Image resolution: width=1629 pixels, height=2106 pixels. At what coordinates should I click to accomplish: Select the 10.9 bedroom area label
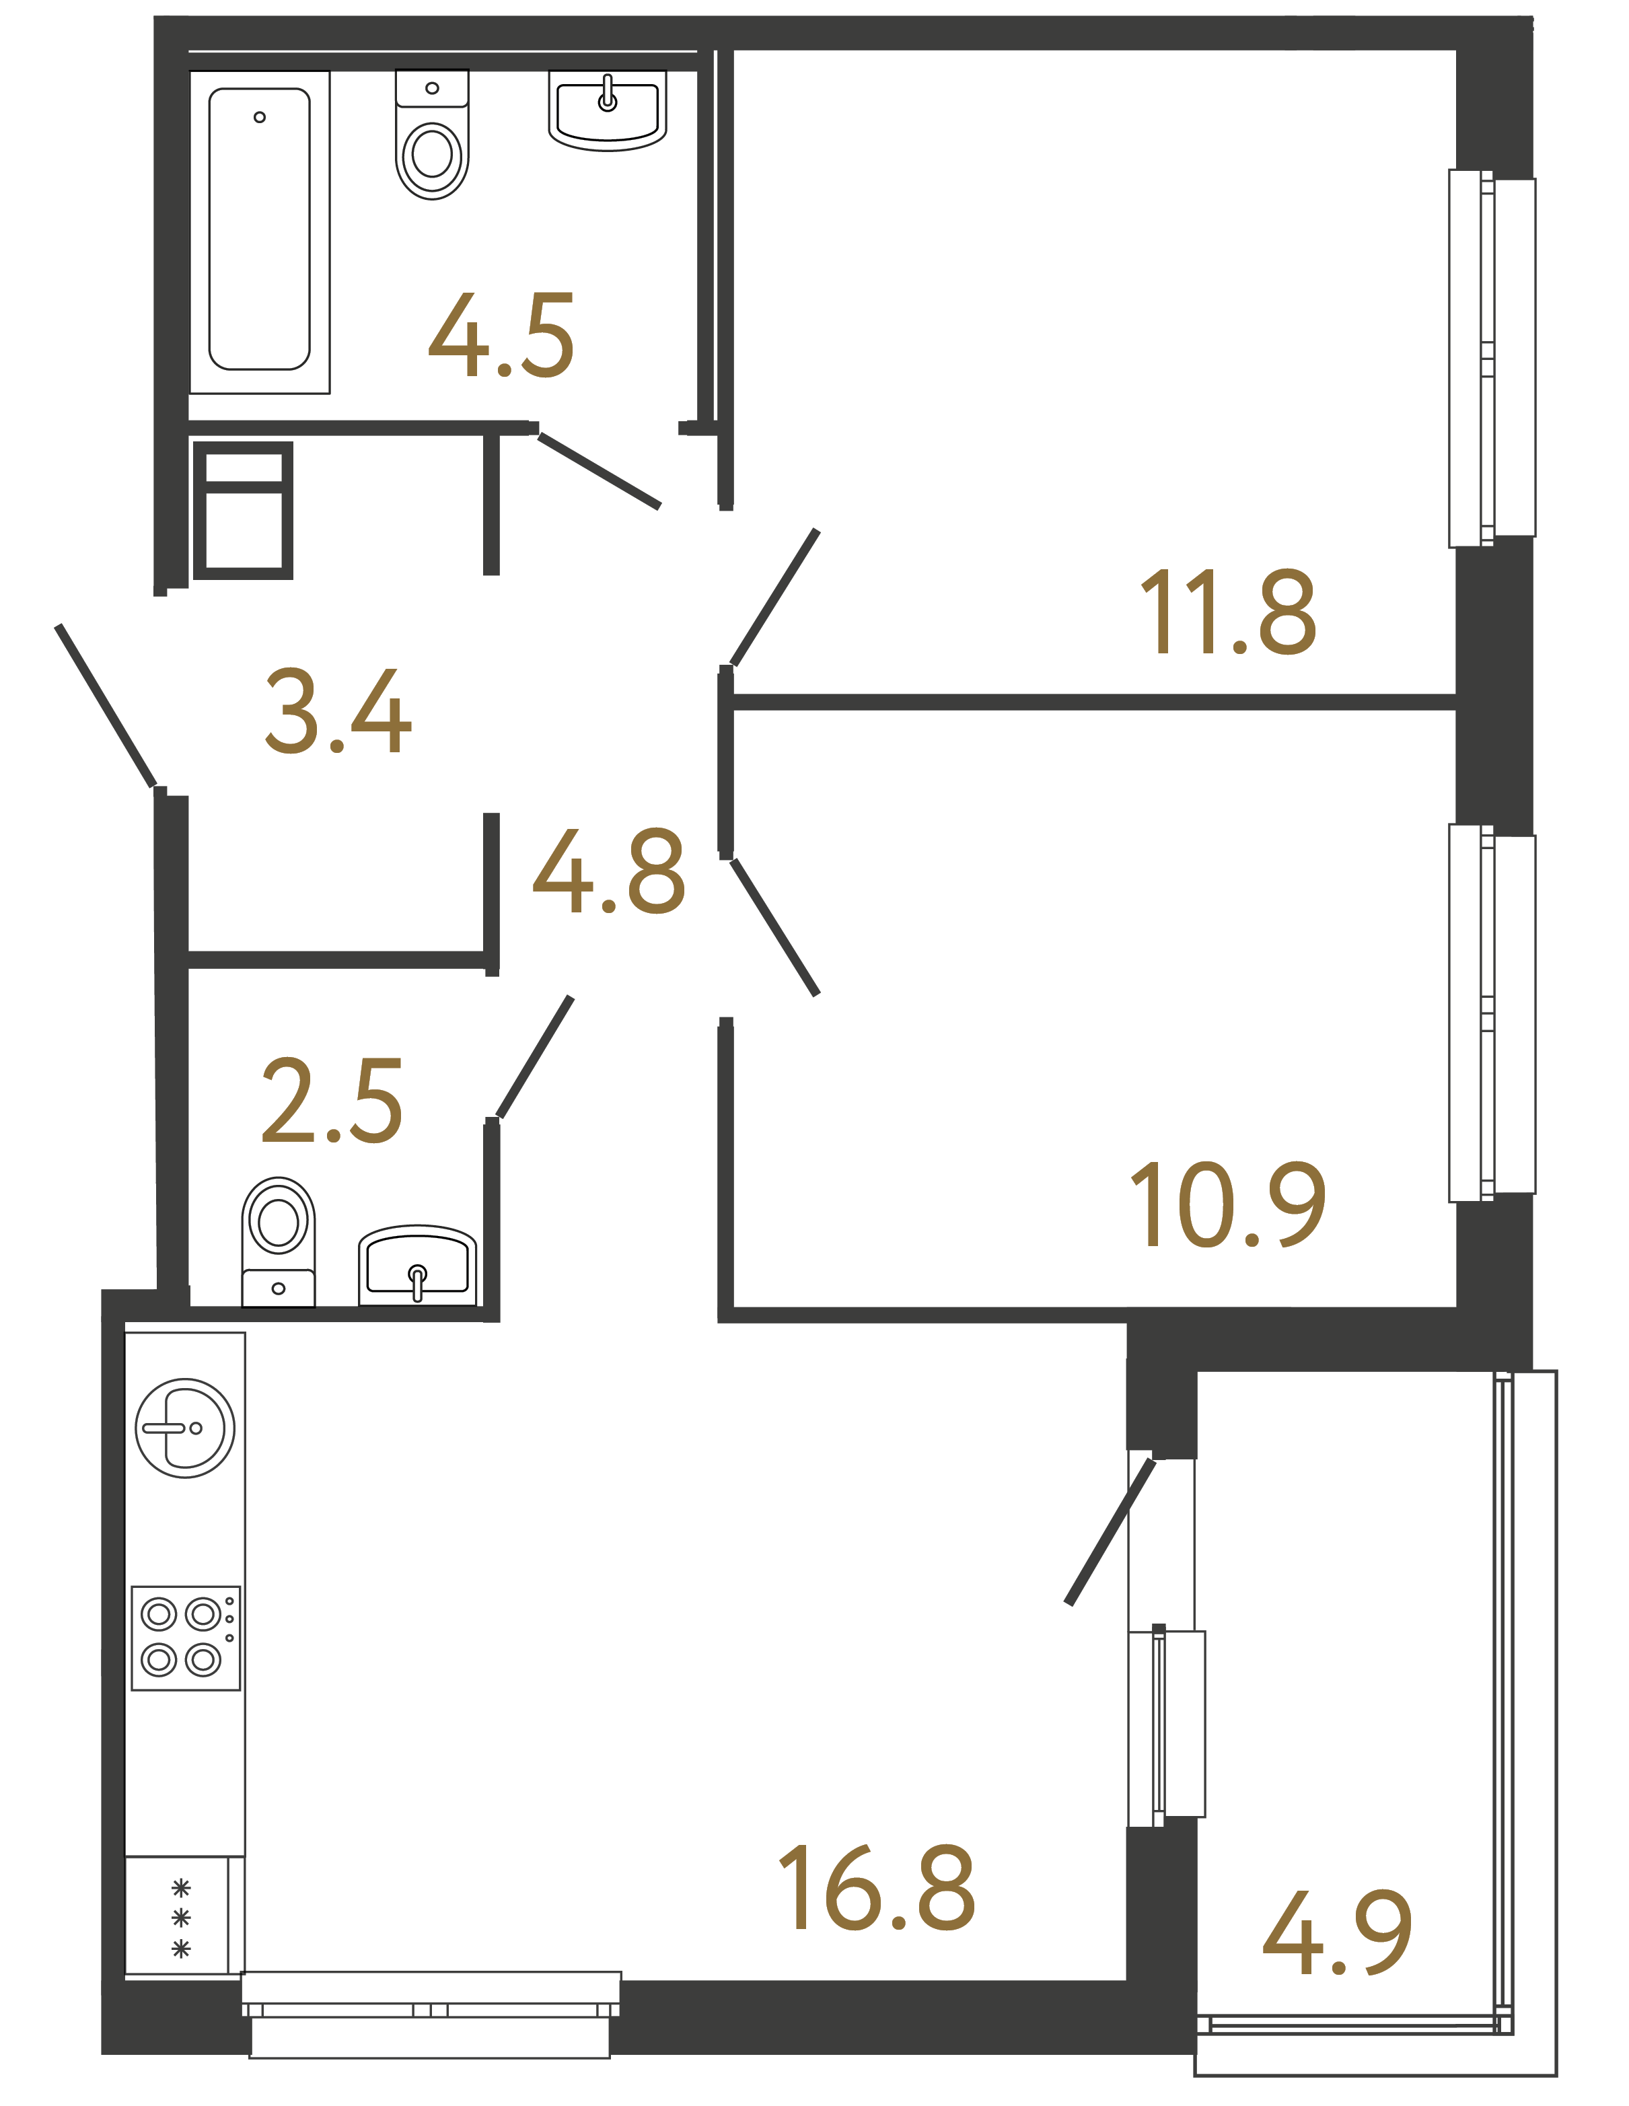1227,1204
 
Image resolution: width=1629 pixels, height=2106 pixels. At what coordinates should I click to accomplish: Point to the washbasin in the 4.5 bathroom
608,112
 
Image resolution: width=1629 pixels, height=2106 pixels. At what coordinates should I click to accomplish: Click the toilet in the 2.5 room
278,1240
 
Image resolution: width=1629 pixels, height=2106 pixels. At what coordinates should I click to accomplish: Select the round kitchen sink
185,1428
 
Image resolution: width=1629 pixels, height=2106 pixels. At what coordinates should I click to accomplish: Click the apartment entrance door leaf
106,706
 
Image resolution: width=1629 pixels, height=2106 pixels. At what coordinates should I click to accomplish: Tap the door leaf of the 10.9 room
774,927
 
